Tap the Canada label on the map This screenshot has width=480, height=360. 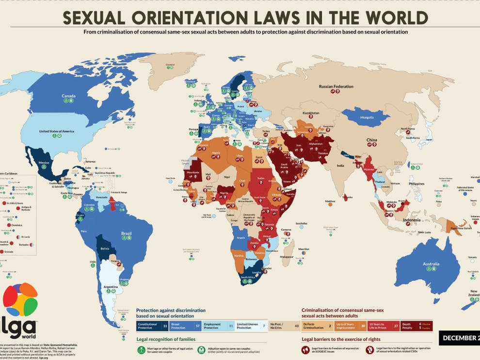pos(68,96)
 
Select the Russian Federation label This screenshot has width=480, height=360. pos(336,87)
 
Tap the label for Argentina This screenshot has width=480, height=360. pos(111,287)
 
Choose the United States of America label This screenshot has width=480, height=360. pos(56,131)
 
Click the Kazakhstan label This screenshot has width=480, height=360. pos(311,113)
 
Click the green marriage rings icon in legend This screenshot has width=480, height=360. pos(142,351)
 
